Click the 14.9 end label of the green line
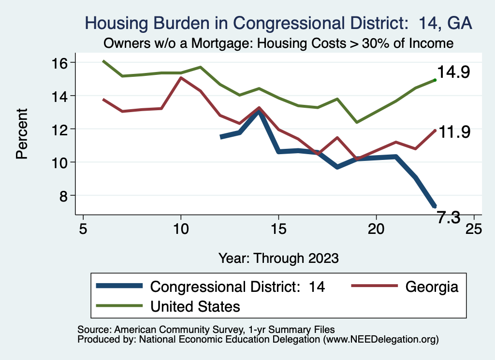pos(453,72)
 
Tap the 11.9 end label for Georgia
pos(453,132)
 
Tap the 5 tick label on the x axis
pos(83,229)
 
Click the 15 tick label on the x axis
pos(278,229)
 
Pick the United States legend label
pos(195,306)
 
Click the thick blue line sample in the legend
pos(119,286)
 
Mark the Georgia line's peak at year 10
pos(181,78)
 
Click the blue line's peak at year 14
pos(259,111)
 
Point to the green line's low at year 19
pos(357,122)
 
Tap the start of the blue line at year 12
pos(221,137)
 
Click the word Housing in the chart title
pos(115,23)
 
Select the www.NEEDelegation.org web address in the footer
pos(380,340)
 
